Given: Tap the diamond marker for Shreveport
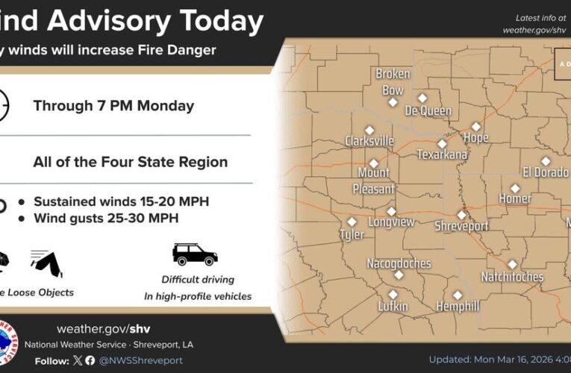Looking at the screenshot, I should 461,215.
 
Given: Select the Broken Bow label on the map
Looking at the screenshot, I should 393,82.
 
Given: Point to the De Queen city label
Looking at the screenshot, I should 428,111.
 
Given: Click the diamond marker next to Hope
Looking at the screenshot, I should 476,126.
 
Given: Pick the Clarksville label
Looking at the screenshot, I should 369,141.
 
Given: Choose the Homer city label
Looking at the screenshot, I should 515,198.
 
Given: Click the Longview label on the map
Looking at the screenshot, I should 392,222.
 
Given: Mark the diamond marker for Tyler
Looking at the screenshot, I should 352,222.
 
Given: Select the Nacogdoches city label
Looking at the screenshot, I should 399,263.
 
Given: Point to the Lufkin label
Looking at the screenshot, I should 393,306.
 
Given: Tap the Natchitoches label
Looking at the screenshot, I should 512,277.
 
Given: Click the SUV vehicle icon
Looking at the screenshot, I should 195,254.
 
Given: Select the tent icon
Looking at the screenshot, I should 46,261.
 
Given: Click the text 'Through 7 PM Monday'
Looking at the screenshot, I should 113,106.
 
